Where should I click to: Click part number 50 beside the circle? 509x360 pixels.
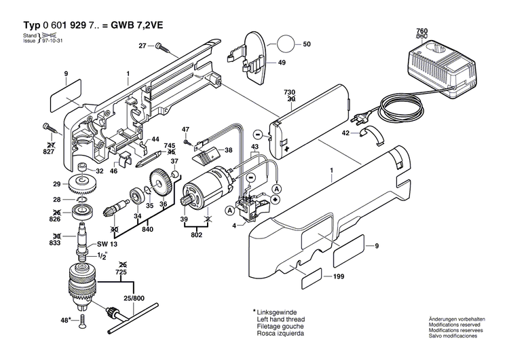pyautogui.click(x=307, y=44)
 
